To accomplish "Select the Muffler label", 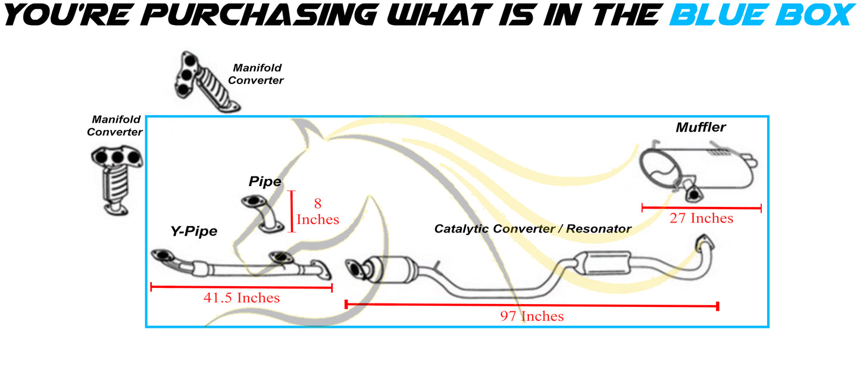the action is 700,127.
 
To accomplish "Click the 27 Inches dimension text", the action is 702,218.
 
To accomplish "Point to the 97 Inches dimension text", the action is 531,317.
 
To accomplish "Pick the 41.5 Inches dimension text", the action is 242,298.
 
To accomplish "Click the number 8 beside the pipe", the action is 317,203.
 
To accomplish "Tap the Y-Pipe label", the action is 194,231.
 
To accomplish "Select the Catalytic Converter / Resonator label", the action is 533,229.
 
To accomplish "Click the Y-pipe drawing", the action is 241,265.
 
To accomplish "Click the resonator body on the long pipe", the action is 606,263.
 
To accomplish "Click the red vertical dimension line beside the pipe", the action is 292,212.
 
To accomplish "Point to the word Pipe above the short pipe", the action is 265,181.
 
